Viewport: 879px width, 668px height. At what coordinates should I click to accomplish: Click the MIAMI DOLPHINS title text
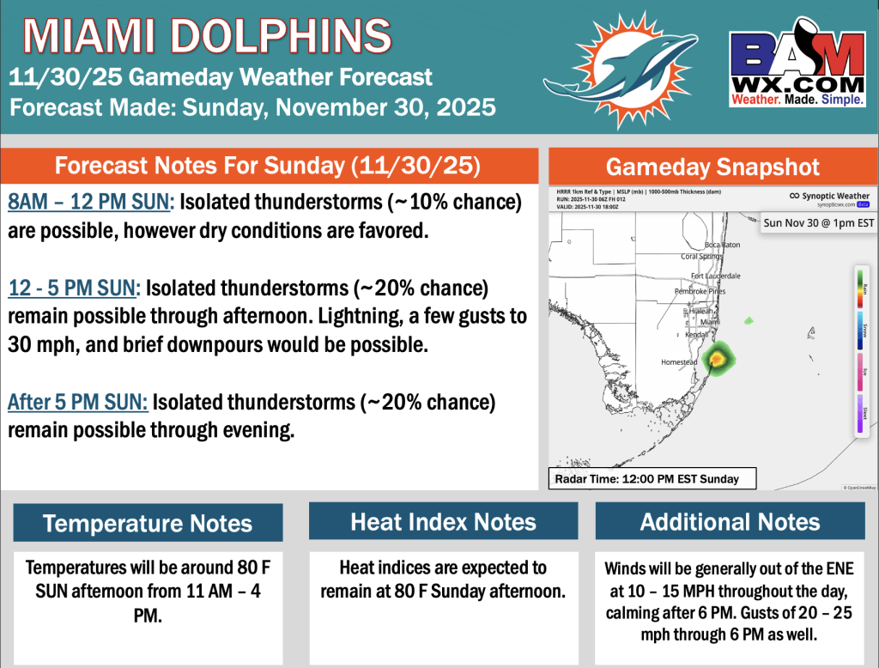click(x=207, y=36)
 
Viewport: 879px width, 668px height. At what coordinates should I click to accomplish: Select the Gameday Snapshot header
click(x=712, y=167)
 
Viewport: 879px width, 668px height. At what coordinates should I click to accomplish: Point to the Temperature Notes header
click(x=148, y=523)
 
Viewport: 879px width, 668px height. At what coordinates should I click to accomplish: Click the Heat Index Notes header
click(x=443, y=521)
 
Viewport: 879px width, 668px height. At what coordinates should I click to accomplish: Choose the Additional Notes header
click(x=730, y=521)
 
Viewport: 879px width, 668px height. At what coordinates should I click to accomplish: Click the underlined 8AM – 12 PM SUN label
click(x=90, y=203)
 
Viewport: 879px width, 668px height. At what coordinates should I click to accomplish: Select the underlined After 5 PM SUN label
click(x=78, y=401)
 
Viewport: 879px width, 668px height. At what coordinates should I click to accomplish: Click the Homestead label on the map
click(x=679, y=362)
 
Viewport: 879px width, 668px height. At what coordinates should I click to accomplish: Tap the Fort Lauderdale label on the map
click(x=716, y=276)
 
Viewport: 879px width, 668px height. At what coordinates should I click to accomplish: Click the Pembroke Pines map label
click(x=700, y=291)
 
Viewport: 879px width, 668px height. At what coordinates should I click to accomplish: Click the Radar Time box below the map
click(x=652, y=478)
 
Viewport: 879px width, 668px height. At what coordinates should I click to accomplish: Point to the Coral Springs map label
click(x=702, y=256)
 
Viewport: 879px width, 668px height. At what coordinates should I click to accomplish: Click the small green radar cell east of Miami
click(x=749, y=320)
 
